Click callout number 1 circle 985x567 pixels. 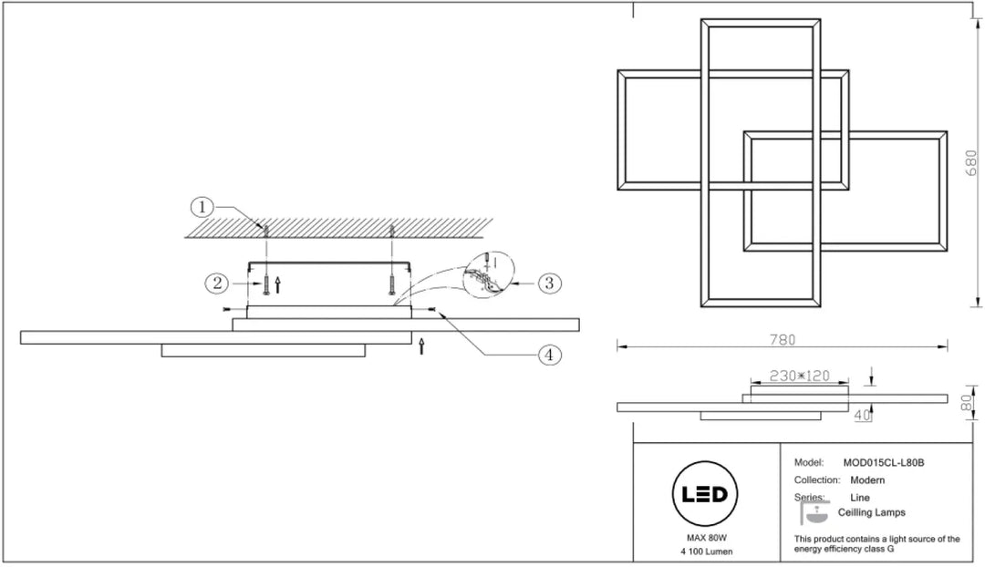pyautogui.click(x=202, y=207)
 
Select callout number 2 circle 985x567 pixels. pyautogui.click(x=217, y=283)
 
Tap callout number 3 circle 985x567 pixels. pyautogui.click(x=549, y=283)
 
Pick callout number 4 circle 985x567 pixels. pyautogui.click(x=549, y=356)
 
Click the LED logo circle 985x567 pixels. pyautogui.click(x=705, y=494)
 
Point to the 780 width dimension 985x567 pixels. pyautogui.click(x=783, y=340)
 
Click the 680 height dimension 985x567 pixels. pyautogui.click(x=971, y=162)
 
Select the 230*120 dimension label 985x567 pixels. pyautogui.click(x=800, y=376)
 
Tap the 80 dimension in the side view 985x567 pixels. pyautogui.click(x=968, y=403)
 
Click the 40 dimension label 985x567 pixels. pyautogui.click(x=862, y=415)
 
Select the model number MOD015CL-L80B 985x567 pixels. pyautogui.click(x=883, y=463)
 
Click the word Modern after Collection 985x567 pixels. pyautogui.click(x=867, y=480)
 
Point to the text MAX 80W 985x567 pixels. pyautogui.click(x=707, y=538)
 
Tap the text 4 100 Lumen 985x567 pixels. pyautogui.click(x=707, y=552)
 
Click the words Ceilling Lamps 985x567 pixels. pyautogui.click(x=871, y=512)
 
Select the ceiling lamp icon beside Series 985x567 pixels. pyautogui.click(x=814, y=511)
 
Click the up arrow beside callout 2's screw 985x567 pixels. pyautogui.click(x=277, y=284)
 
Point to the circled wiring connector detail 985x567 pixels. pyautogui.click(x=488, y=274)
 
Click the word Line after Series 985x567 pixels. pyautogui.click(x=860, y=498)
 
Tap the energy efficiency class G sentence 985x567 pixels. pyautogui.click(x=877, y=544)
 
